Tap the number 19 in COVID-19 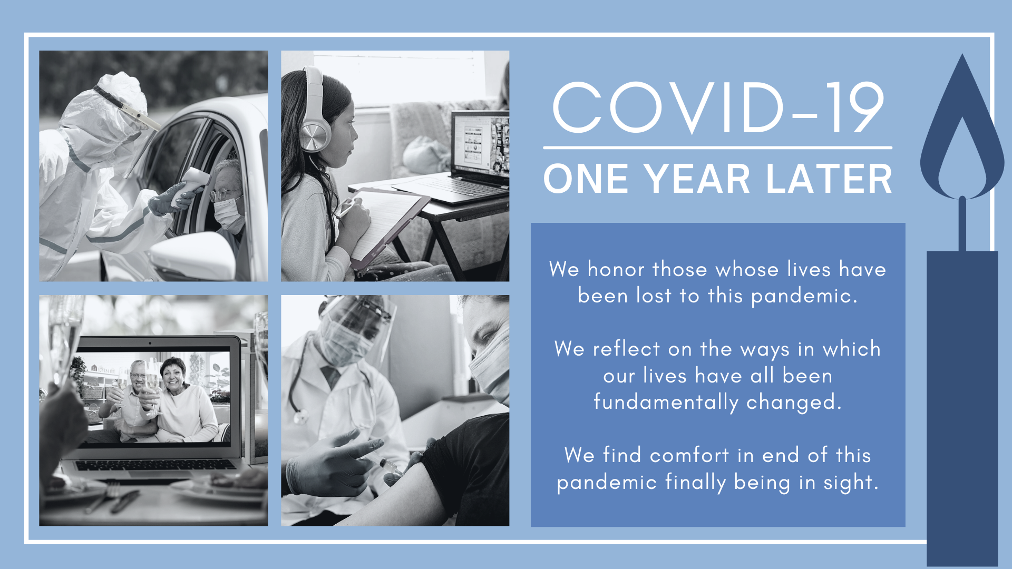point(854,108)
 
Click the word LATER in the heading point(829,179)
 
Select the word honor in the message point(616,269)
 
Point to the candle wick point(962,224)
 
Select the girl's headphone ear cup point(314,136)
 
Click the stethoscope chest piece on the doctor point(300,417)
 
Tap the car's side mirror point(193,256)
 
